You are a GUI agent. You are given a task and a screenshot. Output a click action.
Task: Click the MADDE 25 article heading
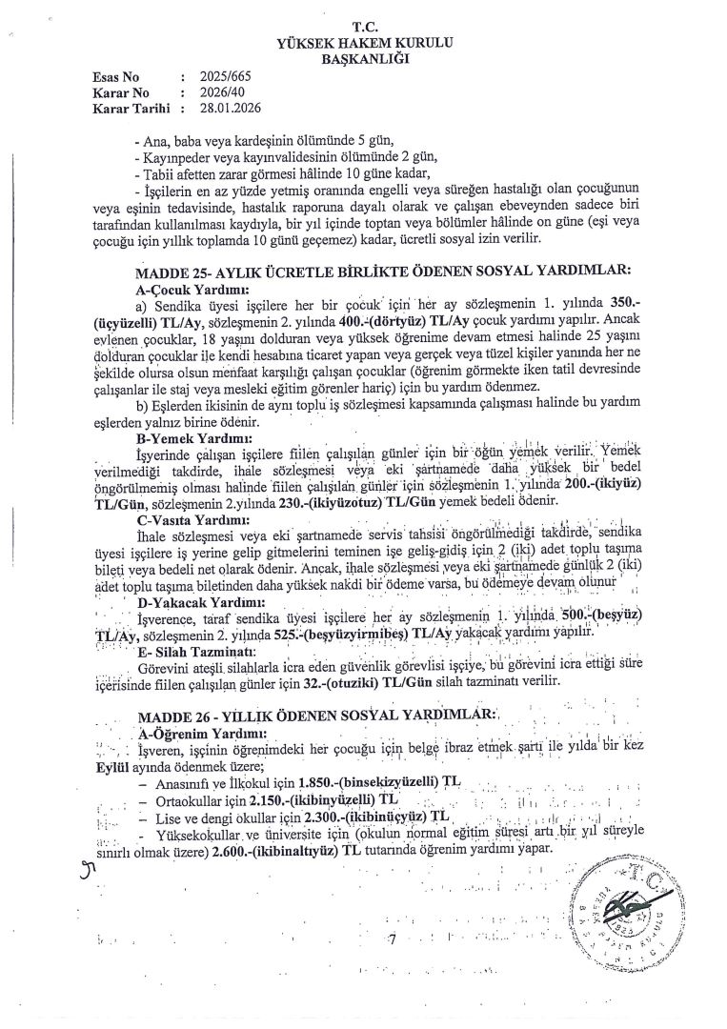coord(383,272)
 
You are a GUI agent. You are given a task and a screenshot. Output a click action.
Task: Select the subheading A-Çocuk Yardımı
coord(193,287)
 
